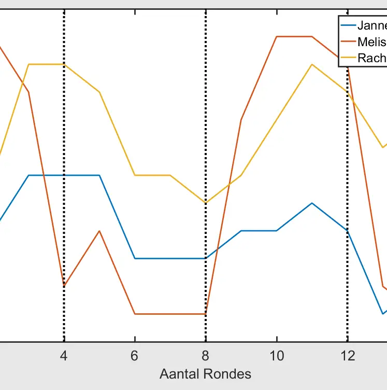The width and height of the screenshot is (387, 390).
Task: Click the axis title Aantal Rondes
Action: (206, 374)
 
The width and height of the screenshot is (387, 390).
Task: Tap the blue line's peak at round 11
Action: (312, 203)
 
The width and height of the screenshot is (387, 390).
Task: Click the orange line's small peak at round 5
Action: (99, 231)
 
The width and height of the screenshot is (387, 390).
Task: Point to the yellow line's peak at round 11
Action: (312, 64)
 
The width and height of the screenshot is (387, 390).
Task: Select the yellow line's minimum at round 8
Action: (206, 203)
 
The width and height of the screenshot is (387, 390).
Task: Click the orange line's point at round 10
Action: (277, 37)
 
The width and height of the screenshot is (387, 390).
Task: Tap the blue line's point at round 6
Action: (135, 258)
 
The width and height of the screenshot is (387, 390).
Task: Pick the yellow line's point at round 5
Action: (99, 92)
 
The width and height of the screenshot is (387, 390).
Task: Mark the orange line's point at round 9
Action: (241, 120)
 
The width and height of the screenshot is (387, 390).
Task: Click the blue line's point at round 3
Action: (28, 175)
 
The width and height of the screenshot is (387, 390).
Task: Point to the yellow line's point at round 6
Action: (135, 175)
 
